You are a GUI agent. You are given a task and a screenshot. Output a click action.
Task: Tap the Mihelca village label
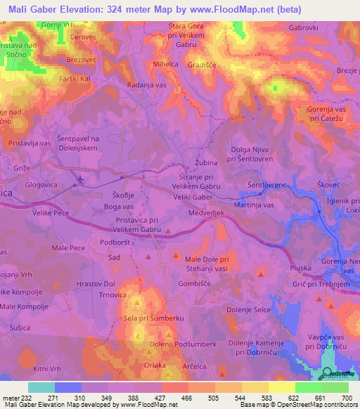[166, 63]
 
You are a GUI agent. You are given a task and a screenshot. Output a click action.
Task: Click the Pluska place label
[301, 269]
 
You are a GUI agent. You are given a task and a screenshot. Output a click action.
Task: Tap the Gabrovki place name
[304, 28]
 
